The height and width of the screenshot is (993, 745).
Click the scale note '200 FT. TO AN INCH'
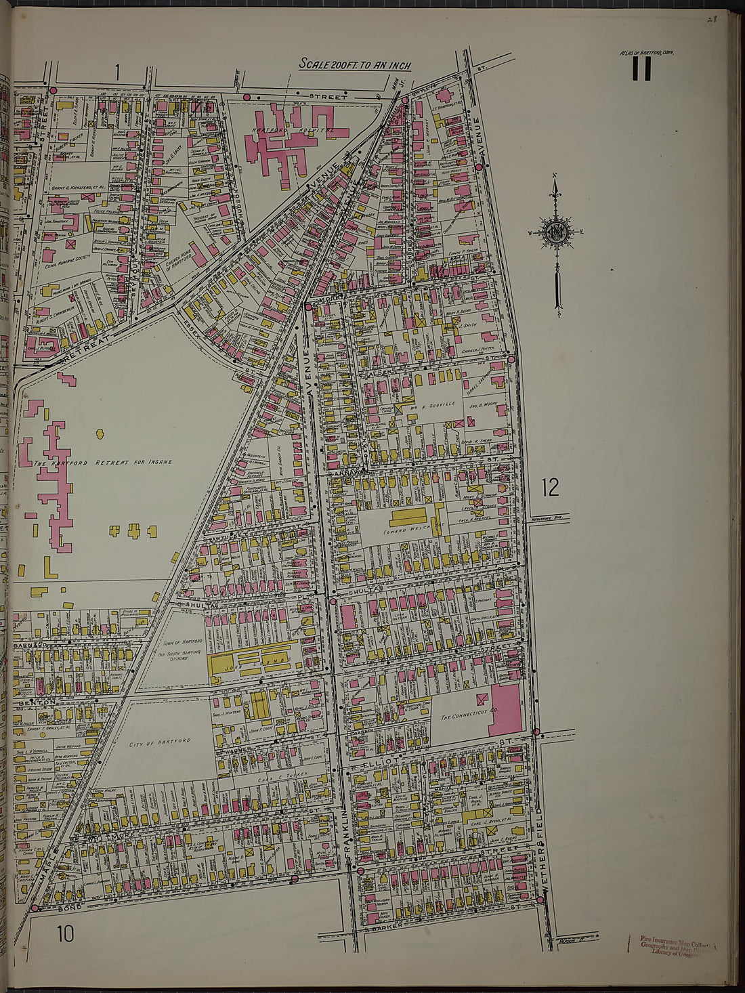(x=356, y=64)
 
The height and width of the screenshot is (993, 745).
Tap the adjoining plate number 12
(x=551, y=487)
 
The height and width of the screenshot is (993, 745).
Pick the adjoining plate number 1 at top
(x=117, y=71)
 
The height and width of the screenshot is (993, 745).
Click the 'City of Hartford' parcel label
(x=161, y=742)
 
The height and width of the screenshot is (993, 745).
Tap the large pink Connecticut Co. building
(x=505, y=709)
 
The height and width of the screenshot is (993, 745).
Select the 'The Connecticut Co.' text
(x=465, y=717)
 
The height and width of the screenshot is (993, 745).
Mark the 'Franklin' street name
(x=350, y=839)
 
